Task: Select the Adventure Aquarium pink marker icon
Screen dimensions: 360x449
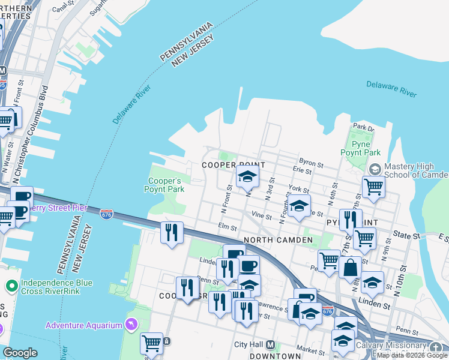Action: [x=131, y=325]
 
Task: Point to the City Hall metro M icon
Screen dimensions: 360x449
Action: [x=270, y=345]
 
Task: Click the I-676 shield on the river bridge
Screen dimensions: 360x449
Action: [x=106, y=214]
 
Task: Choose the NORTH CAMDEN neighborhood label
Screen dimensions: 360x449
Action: [x=278, y=241]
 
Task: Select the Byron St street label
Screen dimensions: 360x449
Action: [x=312, y=163]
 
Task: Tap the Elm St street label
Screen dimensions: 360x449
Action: [x=228, y=227]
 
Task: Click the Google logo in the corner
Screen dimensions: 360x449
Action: [x=19, y=353]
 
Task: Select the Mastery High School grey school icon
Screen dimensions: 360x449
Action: [x=375, y=169]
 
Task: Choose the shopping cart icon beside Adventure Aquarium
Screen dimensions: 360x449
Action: [x=151, y=343]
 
